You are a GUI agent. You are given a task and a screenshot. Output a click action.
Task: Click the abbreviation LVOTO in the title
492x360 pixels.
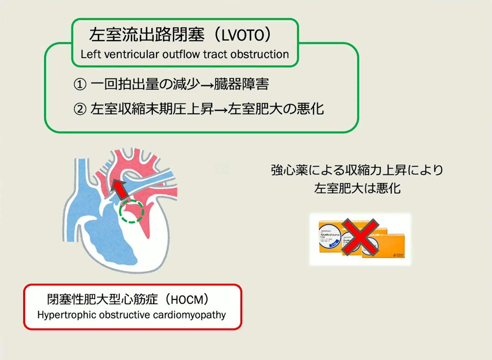coord(243,35)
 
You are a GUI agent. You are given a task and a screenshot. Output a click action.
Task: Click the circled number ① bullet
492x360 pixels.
coord(80,84)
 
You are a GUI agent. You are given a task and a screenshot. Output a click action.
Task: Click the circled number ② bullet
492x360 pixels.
coord(80,109)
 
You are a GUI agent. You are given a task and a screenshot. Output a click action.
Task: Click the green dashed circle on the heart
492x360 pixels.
coord(131,211)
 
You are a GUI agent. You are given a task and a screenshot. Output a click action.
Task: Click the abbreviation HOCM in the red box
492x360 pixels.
coord(187,300)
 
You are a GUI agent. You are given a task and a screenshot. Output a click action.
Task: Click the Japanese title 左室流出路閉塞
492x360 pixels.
coord(147,35)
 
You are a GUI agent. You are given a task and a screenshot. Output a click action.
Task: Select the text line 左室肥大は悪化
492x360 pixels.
coord(357,189)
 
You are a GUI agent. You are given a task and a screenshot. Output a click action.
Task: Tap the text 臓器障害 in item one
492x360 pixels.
coord(241,84)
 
